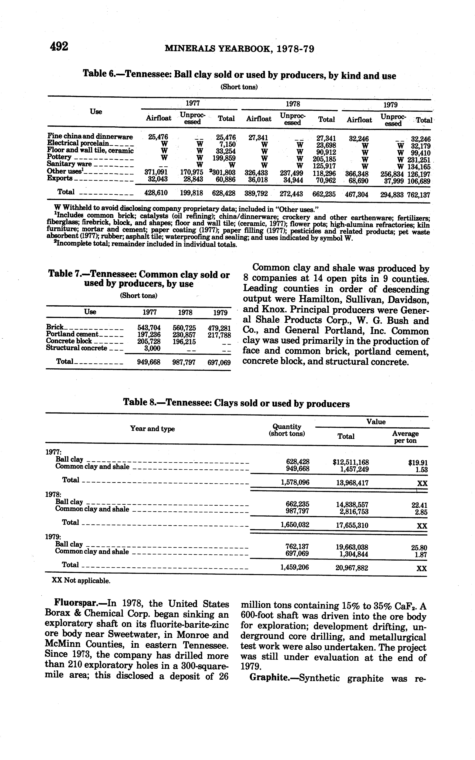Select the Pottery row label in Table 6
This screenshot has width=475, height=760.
(x=59, y=157)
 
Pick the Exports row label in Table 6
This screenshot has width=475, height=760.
(x=60, y=178)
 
